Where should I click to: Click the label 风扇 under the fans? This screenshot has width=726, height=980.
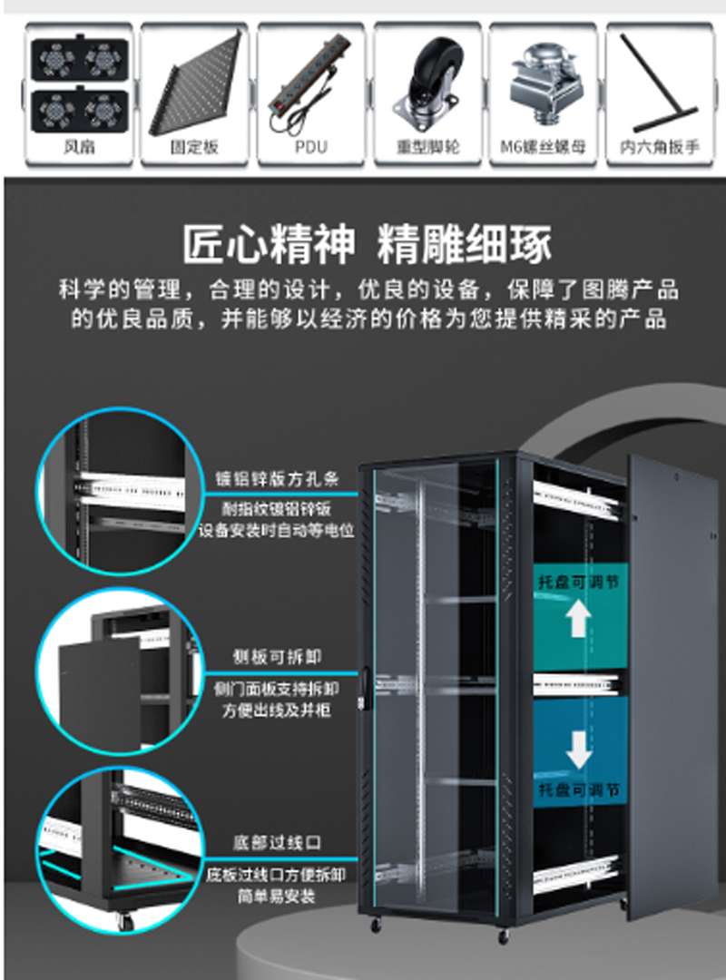tap(79, 146)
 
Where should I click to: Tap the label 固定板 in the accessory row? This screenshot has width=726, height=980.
tap(195, 146)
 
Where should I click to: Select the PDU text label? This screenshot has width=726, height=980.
tap(311, 146)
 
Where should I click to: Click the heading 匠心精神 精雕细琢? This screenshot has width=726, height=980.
tap(367, 244)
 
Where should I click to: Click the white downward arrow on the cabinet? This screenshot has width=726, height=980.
tap(578, 749)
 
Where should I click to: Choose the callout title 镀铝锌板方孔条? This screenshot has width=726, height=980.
tap(275, 479)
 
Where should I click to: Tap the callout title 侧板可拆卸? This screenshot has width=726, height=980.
tap(277, 656)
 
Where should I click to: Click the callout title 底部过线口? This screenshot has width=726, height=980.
tap(276, 843)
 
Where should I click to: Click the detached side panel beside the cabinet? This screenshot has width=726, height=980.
tap(672, 681)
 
